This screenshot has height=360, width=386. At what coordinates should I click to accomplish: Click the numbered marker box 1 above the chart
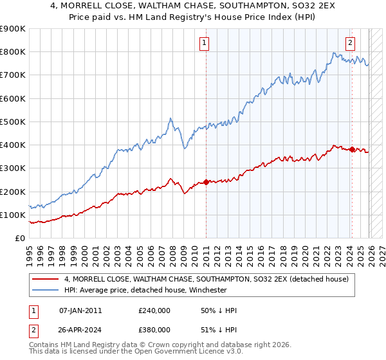pyautogui.click(x=204, y=43)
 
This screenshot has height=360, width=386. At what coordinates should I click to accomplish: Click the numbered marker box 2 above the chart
pyautogui.click(x=350, y=43)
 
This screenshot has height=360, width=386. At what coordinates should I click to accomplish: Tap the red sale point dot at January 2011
pyautogui.click(x=206, y=182)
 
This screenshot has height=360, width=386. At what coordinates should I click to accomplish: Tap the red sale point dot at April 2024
pyautogui.click(x=352, y=149)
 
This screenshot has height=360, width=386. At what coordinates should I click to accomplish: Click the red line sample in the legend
pyautogui.click(x=46, y=279)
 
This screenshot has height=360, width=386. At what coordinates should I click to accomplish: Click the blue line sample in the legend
pyautogui.click(x=46, y=290)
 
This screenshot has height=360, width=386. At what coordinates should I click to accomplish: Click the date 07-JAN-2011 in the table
pyautogui.click(x=80, y=310)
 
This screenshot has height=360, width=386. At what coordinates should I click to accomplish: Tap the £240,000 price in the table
pyautogui.click(x=154, y=310)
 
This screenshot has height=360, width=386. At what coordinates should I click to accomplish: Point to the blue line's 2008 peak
pyautogui.click(x=170, y=118)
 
